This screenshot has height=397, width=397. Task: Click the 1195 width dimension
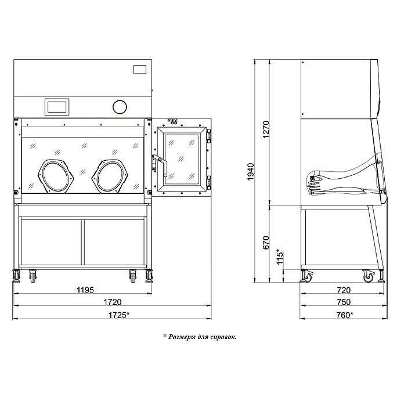click(x=85, y=290)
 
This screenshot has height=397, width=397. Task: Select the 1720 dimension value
click(x=113, y=302)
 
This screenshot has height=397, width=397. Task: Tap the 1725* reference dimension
click(x=119, y=315)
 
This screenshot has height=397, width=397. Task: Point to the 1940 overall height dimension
click(x=250, y=172)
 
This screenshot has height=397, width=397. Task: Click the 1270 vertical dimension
click(x=266, y=129)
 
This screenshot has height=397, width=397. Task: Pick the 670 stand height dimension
click(x=266, y=243)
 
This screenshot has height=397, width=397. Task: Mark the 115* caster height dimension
click(x=280, y=257)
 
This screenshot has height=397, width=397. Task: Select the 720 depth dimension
click(x=344, y=290)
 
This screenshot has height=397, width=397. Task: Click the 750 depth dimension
click(x=344, y=302)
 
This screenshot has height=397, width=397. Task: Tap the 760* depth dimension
click(x=345, y=315)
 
